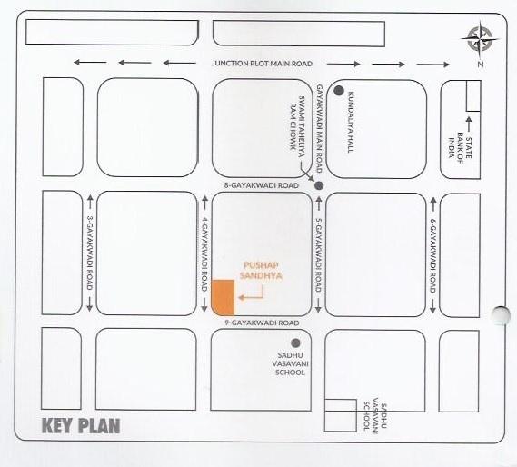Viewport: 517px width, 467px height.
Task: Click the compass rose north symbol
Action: (479, 39)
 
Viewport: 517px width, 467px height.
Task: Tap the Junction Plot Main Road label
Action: (262, 64)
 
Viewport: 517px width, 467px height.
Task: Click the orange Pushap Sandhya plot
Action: (223, 299)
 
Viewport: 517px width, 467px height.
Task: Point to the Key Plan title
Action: (80, 425)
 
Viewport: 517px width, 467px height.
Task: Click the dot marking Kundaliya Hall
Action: (337, 91)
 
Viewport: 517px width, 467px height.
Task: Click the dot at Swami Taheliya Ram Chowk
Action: (318, 185)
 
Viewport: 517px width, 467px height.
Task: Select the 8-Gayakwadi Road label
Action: (262, 185)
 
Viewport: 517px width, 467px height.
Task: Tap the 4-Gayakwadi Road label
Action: (206, 254)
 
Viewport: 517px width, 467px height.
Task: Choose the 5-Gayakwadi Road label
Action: (319, 254)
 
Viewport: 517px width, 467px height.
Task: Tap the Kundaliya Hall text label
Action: (350, 126)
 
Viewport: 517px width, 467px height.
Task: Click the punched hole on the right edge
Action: (500, 315)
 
